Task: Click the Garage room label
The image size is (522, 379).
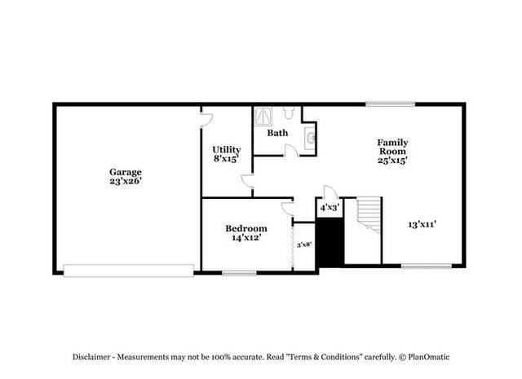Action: pyautogui.click(x=126, y=172)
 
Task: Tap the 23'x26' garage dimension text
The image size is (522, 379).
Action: pyautogui.click(x=126, y=181)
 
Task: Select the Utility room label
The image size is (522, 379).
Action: pyautogui.click(x=227, y=150)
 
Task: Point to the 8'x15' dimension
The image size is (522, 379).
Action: pyautogui.click(x=227, y=159)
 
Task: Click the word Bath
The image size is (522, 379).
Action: pyautogui.click(x=277, y=133)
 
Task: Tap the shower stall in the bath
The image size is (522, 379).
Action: pyautogui.click(x=263, y=116)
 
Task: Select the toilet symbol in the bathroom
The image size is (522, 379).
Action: pyautogui.click(x=288, y=112)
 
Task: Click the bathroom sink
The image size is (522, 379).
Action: pyautogui.click(x=310, y=136)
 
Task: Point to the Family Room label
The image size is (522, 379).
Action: pyautogui.click(x=392, y=147)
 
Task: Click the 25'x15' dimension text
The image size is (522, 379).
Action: pyautogui.click(x=392, y=161)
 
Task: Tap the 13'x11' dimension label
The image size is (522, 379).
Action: pyautogui.click(x=422, y=225)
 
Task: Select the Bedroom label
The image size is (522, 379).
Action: pyautogui.click(x=246, y=228)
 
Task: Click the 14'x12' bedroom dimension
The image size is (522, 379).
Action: pyautogui.click(x=246, y=237)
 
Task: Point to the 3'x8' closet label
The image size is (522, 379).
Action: pyautogui.click(x=304, y=245)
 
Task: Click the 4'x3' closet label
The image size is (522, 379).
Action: pyautogui.click(x=330, y=208)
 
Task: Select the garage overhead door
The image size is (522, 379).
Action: pyautogui.click(x=129, y=271)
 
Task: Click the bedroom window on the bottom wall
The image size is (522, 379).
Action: pyautogui.click(x=239, y=273)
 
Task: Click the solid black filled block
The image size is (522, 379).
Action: pyautogui.click(x=330, y=242)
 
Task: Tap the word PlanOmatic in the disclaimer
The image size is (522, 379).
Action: pyautogui.click(x=429, y=357)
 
